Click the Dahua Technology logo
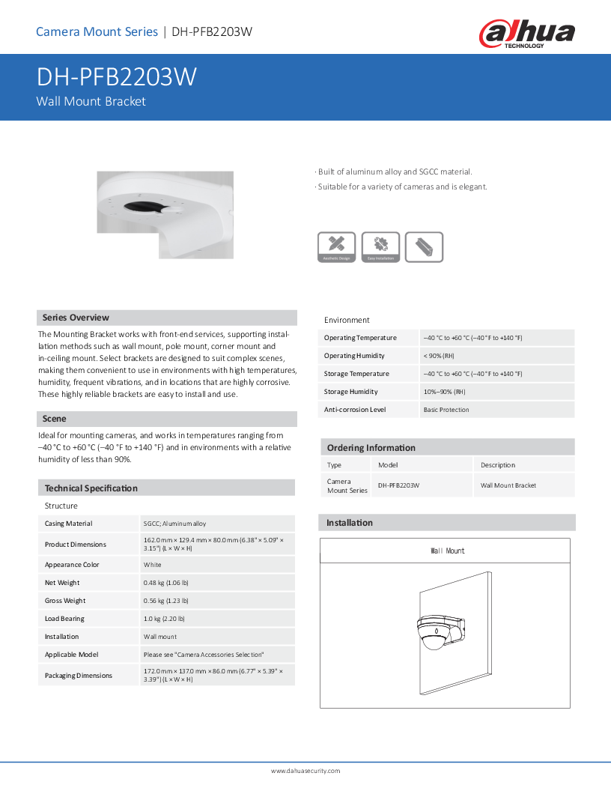click(527, 34)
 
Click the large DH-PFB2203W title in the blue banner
click(117, 78)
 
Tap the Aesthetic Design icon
click(337, 246)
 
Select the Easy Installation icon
click(380, 246)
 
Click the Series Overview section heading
click(76, 318)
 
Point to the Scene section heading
click(55, 419)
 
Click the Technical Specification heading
click(91, 488)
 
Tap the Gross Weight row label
click(65, 601)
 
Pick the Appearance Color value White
click(153, 565)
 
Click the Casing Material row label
click(69, 524)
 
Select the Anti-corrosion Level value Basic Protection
click(446, 410)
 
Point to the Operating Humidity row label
click(354, 356)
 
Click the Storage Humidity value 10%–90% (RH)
click(445, 392)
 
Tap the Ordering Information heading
click(371, 448)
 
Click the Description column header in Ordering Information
click(498, 465)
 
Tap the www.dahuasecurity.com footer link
click(305, 771)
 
